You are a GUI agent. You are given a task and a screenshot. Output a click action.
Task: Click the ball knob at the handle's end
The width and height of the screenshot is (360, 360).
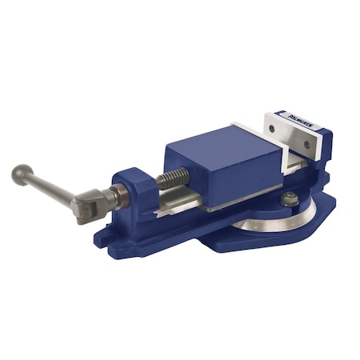(x=20, y=172)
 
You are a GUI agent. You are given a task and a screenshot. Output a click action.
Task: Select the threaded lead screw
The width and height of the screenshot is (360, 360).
(x=170, y=178)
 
